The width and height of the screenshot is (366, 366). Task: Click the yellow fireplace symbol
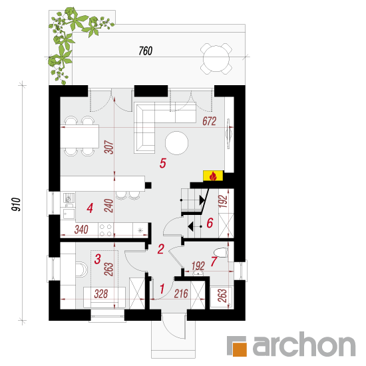click(x=213, y=176)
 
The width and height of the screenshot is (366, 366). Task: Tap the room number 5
click(x=163, y=163)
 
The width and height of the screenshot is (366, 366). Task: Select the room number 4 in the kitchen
click(x=90, y=208)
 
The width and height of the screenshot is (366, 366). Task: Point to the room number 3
click(x=98, y=259)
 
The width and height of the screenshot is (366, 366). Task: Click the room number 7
click(x=214, y=262)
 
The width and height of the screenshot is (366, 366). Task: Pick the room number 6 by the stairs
click(x=210, y=223)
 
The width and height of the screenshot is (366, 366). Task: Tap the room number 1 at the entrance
click(x=162, y=289)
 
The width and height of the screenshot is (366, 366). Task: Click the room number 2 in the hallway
click(x=161, y=249)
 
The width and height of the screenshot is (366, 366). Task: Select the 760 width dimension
click(x=146, y=51)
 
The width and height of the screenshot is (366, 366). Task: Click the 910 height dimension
click(x=16, y=204)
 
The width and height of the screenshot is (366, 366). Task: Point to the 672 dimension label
click(x=210, y=121)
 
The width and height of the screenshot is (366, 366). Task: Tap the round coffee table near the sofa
click(x=176, y=143)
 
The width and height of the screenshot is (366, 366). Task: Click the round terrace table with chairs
click(x=216, y=59)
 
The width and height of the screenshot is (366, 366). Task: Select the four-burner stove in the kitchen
click(x=106, y=230)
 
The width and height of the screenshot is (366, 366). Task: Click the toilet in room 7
click(x=220, y=253)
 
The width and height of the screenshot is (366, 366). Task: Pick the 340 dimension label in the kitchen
click(x=81, y=230)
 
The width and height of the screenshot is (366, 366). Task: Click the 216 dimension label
click(x=181, y=294)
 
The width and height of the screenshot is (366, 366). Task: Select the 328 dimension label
click(x=101, y=294)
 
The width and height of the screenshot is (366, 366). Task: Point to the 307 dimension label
click(x=108, y=147)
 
